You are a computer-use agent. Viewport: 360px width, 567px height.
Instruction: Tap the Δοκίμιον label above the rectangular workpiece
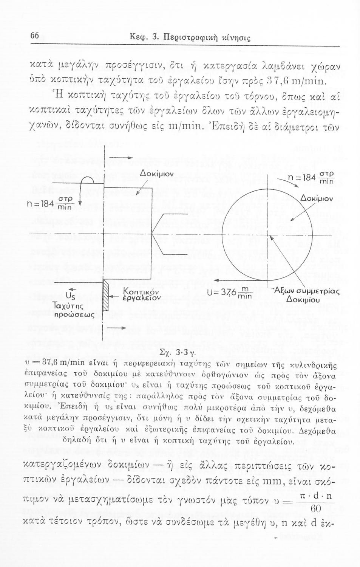[x=156, y=174]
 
